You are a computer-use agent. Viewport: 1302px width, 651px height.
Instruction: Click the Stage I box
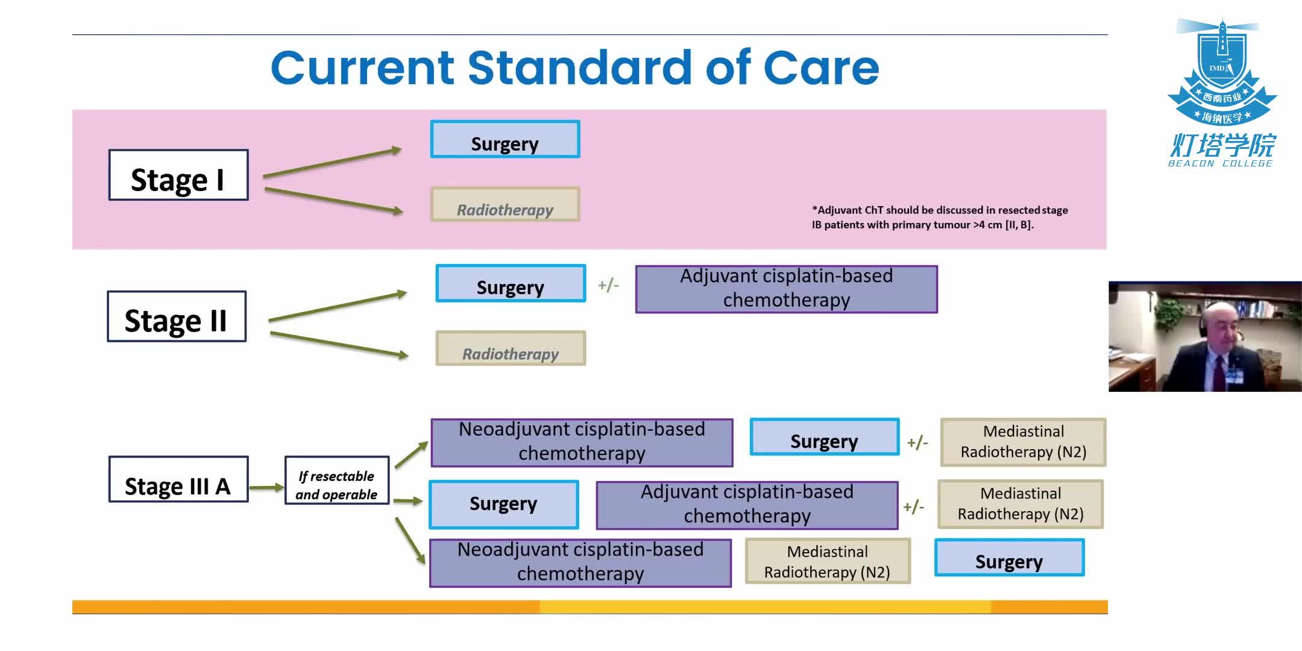[178, 175]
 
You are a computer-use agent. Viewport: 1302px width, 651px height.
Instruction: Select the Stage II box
[177, 317]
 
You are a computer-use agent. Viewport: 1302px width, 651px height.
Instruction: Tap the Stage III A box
[178, 480]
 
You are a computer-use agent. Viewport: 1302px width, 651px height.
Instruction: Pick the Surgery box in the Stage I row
[505, 140]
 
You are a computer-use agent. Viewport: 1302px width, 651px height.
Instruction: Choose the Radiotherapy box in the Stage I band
[505, 205]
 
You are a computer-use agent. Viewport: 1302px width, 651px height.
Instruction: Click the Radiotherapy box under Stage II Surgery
[511, 348]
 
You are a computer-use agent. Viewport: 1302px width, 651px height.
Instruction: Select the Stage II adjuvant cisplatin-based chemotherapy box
[786, 289]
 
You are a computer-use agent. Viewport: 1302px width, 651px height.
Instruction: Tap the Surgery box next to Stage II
[511, 284]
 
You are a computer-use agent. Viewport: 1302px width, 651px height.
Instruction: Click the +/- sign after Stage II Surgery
[608, 285]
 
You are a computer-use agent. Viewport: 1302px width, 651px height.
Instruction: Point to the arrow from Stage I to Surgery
[332, 162]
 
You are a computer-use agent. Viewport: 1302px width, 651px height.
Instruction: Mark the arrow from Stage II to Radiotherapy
[338, 344]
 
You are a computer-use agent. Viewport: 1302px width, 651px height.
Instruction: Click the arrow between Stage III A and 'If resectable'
[266, 487]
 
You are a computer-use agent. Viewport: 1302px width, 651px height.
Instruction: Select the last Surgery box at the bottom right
[1009, 558]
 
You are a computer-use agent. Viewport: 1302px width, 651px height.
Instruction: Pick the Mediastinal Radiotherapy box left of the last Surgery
[827, 562]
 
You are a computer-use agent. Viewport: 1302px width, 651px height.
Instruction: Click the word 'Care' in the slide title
[821, 68]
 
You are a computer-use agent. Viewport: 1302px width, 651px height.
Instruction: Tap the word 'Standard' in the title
[579, 68]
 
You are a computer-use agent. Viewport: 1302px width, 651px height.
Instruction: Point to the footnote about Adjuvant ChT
[939, 218]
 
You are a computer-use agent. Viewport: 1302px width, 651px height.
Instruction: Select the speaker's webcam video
[1204, 337]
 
